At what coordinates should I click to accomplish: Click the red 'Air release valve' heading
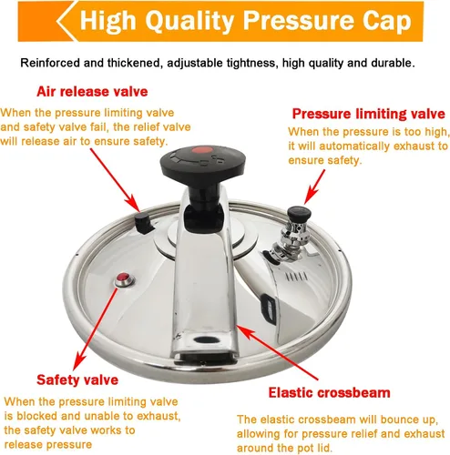point(92,92)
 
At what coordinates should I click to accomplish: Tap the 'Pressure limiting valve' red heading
point(369,114)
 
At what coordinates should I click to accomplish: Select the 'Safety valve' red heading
point(77,380)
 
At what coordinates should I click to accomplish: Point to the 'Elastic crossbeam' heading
point(329,392)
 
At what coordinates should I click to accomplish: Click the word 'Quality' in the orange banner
point(189,21)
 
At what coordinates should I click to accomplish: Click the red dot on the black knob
point(203,150)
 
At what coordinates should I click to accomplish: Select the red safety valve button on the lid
point(124,278)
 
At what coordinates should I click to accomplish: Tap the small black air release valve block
point(143,223)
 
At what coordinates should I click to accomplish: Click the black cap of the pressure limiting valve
point(300,214)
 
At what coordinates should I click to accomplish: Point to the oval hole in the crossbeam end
point(207,339)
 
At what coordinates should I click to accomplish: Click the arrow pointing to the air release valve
point(115,180)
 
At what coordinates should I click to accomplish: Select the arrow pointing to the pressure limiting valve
point(314,187)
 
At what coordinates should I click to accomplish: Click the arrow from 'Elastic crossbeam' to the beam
point(277,352)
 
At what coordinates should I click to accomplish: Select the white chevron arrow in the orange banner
point(66,21)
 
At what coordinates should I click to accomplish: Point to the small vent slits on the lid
point(297,277)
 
